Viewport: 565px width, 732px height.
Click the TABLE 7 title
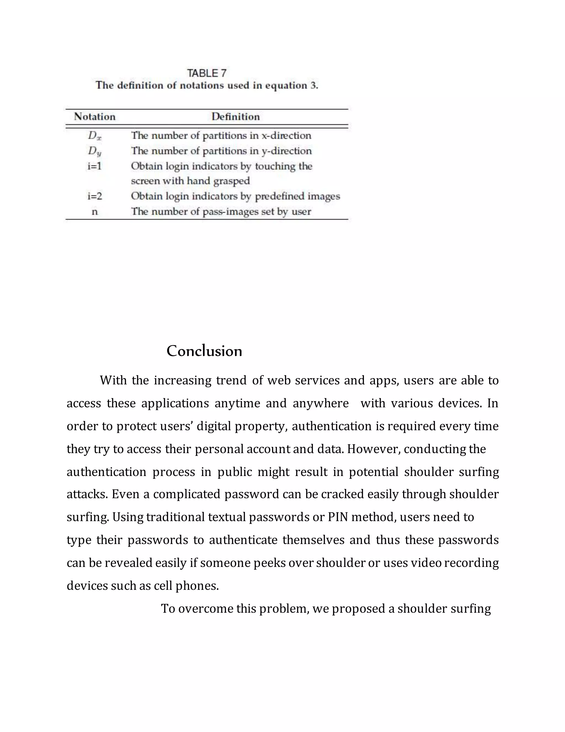(207, 73)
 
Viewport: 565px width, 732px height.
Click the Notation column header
(95, 117)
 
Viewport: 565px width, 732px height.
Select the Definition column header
(236, 117)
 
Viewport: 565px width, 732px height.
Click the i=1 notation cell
(95, 166)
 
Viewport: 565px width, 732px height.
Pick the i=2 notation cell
(95, 196)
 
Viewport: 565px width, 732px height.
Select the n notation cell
(95, 212)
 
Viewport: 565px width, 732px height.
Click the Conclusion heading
(204, 351)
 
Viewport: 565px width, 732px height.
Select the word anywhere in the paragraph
(321, 403)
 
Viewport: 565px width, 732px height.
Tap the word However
(374, 449)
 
